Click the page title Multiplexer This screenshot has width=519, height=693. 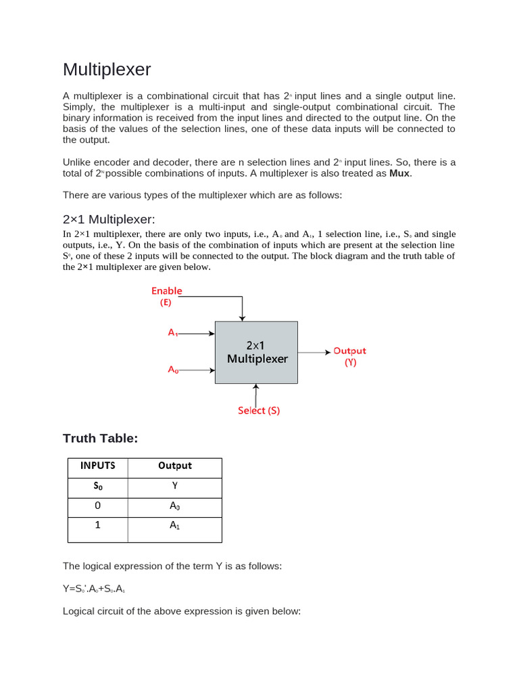(107, 70)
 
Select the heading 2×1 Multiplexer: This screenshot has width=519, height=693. (109, 219)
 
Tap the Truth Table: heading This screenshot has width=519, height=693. (100, 439)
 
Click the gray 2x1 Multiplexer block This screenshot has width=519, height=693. (256, 352)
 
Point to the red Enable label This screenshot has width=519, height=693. (166, 291)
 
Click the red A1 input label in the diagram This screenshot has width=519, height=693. (173, 333)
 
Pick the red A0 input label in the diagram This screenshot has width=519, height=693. (173, 370)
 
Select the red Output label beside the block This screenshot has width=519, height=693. (349, 351)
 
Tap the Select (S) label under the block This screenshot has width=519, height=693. (258, 410)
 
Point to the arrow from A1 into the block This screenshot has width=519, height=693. (197, 333)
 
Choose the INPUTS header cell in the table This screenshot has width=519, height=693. (98, 466)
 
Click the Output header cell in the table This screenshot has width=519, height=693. (175, 466)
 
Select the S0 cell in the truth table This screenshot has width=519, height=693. (98, 486)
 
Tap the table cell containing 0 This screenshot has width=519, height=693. (98, 506)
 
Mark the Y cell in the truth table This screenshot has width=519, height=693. (175, 486)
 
